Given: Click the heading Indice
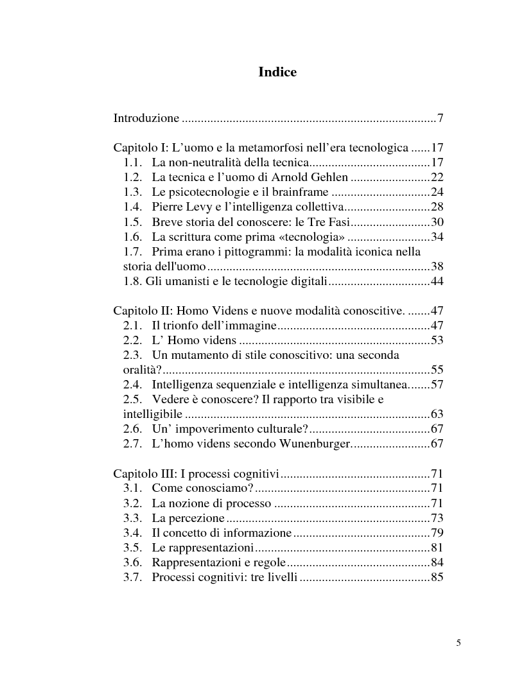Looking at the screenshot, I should click(x=277, y=73).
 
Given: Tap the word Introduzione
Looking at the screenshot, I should click(x=146, y=118).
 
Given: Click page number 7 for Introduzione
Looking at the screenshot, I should click(x=441, y=118).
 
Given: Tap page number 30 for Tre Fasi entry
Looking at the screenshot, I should click(x=437, y=222).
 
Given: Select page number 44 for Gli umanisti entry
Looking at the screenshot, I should click(x=437, y=281).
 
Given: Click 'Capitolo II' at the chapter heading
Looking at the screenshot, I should click(x=140, y=311).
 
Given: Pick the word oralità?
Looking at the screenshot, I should click(x=142, y=370).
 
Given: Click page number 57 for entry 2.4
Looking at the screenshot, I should click(x=437, y=385).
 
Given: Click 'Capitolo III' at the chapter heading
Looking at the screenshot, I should click(x=142, y=474).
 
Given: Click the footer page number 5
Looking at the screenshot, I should click(x=459, y=642).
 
